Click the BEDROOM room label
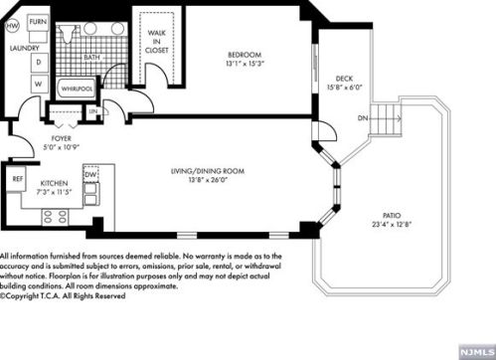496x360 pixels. click(x=243, y=54)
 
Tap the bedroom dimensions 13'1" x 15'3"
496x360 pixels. click(x=243, y=64)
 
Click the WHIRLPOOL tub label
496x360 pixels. click(x=77, y=89)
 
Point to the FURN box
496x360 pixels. click(x=37, y=20)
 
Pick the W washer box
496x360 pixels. click(x=39, y=84)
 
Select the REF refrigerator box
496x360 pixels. click(x=18, y=179)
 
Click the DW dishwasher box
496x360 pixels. click(x=90, y=175)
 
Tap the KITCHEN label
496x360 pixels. click(x=53, y=184)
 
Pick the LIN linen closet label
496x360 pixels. click(x=93, y=111)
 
